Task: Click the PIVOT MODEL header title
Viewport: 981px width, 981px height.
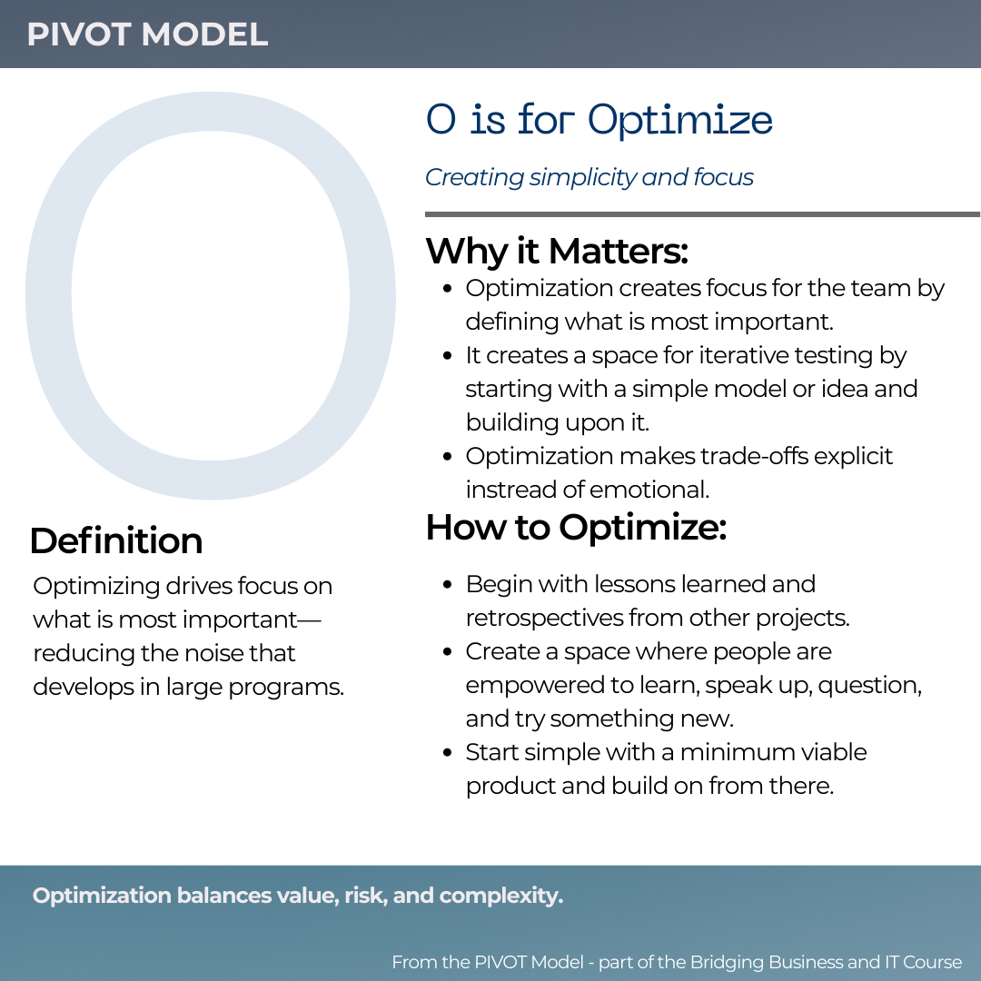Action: click(x=147, y=35)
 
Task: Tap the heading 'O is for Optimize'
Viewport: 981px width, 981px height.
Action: click(x=599, y=120)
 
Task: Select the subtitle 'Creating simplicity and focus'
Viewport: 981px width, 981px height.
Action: click(x=589, y=177)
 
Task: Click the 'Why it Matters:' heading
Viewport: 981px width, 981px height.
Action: click(x=556, y=251)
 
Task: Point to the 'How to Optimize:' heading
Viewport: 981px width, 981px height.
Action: click(x=576, y=528)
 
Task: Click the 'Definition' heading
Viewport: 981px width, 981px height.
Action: click(x=115, y=540)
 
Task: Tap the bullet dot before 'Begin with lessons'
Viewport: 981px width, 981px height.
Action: click(x=448, y=585)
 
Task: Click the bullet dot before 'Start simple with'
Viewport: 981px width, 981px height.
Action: click(x=448, y=753)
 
